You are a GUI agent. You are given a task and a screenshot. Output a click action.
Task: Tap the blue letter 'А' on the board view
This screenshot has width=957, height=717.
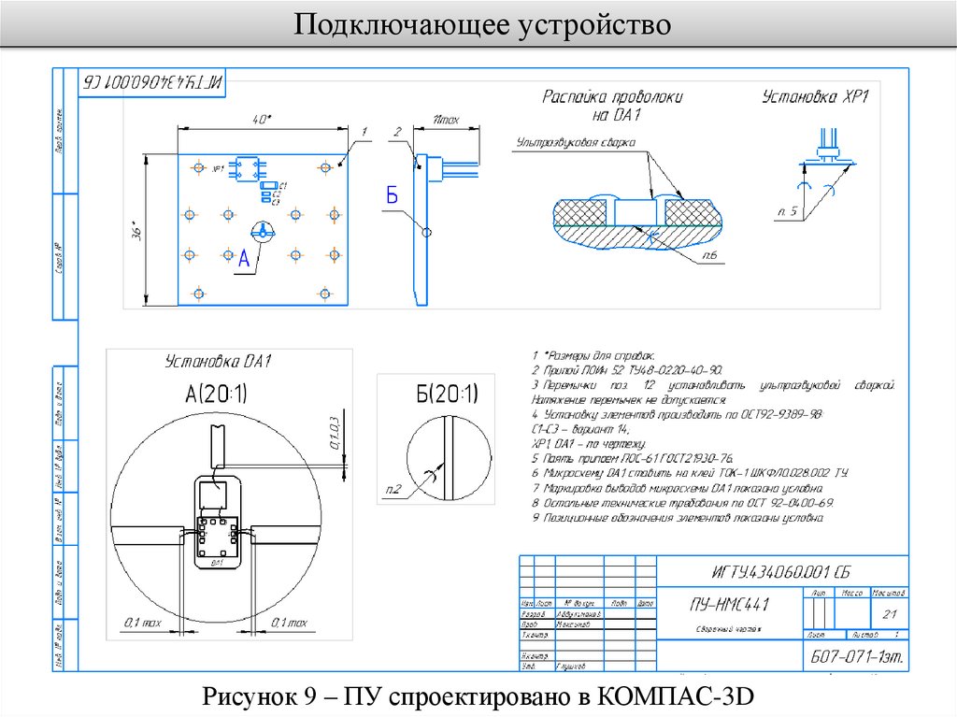tap(244, 259)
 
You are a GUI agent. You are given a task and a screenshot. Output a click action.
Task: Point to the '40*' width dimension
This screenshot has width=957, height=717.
tap(261, 119)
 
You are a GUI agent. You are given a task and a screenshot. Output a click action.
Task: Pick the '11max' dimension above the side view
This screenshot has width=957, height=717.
tap(448, 119)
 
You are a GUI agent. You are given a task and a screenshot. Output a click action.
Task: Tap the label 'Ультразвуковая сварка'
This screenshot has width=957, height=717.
tap(575, 142)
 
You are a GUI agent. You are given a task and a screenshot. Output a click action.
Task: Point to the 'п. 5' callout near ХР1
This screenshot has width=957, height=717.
tap(788, 211)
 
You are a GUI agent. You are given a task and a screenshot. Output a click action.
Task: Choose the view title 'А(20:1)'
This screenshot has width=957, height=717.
tap(217, 394)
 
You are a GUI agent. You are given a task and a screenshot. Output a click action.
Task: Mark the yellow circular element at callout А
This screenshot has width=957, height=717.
tap(263, 230)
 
